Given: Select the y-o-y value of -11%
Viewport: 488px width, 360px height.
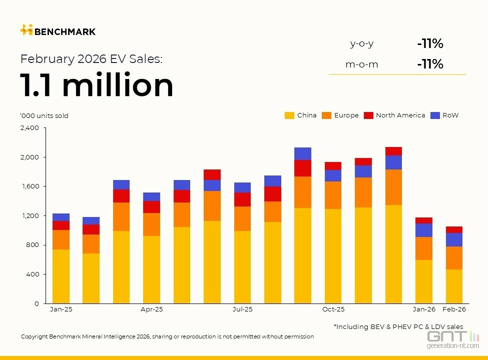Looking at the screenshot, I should tap(430, 44).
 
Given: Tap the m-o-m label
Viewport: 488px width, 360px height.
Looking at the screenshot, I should tap(361, 64).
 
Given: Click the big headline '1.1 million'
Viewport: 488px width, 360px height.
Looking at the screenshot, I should tap(97, 85).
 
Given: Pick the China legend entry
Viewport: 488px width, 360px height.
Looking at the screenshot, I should tap(301, 115).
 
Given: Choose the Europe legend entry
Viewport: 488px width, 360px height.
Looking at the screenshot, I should tap(340, 115).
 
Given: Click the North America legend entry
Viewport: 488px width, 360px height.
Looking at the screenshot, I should tap(394, 115).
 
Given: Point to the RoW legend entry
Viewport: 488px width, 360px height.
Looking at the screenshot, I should tap(444, 115).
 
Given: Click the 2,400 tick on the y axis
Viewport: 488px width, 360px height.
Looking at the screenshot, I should tap(30, 128).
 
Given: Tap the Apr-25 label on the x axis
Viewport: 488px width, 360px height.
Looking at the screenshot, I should tap(152, 309).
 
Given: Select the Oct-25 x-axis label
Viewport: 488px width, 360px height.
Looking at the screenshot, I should tap(333, 309).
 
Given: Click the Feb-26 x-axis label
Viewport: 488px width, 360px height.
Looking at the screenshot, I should tap(454, 309).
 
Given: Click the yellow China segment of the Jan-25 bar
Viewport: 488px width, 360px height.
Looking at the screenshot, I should tap(61, 276).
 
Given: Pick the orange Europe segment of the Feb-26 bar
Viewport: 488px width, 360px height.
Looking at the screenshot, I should tap(454, 258).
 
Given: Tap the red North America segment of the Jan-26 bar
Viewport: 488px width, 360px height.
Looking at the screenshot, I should tap(424, 220).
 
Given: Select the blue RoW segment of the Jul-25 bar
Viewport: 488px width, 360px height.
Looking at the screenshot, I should tap(243, 187).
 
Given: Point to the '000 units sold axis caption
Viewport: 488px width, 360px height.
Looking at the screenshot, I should tap(44, 116).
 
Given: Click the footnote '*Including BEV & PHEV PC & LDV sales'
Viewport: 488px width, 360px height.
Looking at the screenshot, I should tap(398, 326).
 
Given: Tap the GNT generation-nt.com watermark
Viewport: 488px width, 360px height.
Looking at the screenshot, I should tap(452, 339).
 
